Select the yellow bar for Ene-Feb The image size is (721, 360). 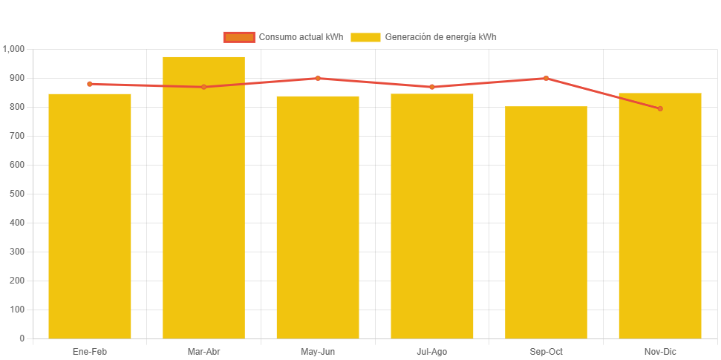click(x=90, y=216)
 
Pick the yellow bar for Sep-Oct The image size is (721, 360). click(x=546, y=222)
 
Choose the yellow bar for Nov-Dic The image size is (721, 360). click(x=660, y=215)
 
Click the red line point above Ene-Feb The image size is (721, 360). click(x=90, y=84)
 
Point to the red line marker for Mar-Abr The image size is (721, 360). click(x=203, y=87)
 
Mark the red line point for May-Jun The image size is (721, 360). click(x=318, y=78)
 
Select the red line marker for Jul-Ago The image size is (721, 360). click(x=431, y=87)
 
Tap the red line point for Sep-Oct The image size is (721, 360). click(x=546, y=78)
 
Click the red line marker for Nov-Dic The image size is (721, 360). click(x=660, y=108)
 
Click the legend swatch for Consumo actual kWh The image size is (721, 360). click(x=239, y=37)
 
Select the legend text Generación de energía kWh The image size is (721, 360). click(x=440, y=37)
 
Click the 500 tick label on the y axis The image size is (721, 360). click(x=16, y=194)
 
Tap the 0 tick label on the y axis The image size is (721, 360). click(x=22, y=338)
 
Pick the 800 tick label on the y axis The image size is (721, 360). click(x=16, y=107)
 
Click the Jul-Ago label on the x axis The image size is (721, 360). click(x=431, y=352)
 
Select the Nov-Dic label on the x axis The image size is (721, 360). click(x=660, y=352)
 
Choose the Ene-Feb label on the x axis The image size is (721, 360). click(x=90, y=352)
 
